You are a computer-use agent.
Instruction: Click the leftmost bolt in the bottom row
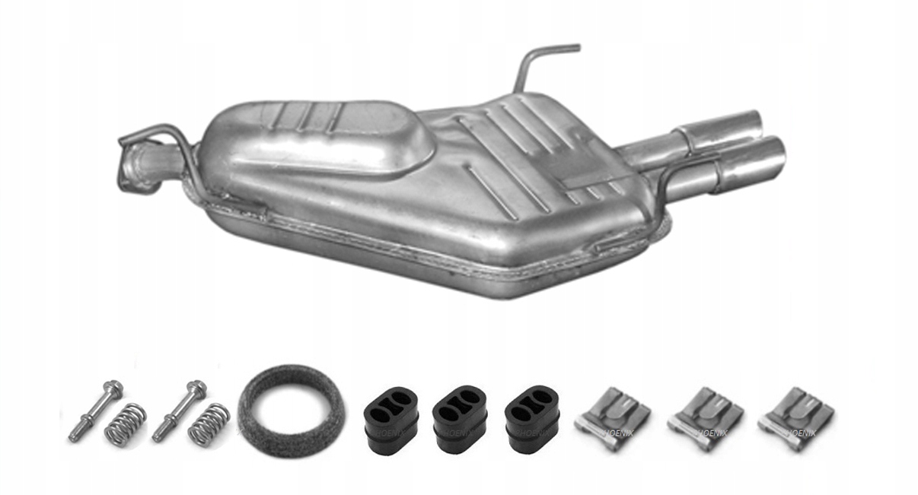point(94,411)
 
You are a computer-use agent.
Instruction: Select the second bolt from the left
point(178,411)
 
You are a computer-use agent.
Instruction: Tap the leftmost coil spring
point(126,424)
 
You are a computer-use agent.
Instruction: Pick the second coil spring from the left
point(209,424)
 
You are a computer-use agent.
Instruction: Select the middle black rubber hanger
point(459,420)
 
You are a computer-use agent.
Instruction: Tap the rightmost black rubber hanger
point(532,420)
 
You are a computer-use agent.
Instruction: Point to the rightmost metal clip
point(795,418)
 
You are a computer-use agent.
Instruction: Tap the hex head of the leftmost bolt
point(113,389)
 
